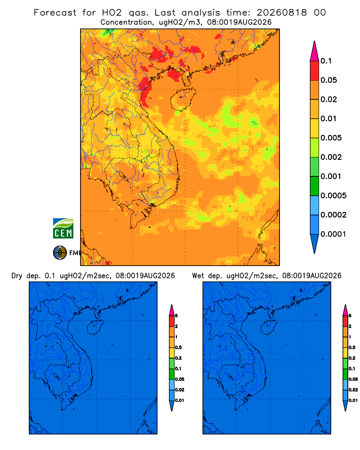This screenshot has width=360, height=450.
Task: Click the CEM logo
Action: (x=63, y=229)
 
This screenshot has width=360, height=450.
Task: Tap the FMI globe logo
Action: (x=60, y=253)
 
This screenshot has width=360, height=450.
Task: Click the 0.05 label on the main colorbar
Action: (x=328, y=80)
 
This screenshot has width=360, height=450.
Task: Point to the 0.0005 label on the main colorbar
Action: (x=333, y=196)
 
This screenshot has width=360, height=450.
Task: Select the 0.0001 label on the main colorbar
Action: (x=333, y=234)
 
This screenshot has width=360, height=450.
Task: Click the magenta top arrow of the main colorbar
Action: (x=315, y=51)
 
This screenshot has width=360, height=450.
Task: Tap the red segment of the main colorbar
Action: (x=315, y=71)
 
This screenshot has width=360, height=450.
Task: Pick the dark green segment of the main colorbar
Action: (x=315, y=186)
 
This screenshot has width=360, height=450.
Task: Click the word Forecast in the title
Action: (x=55, y=13)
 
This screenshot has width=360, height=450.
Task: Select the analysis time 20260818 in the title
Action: (x=282, y=13)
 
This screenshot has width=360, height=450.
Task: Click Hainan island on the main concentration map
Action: (x=183, y=99)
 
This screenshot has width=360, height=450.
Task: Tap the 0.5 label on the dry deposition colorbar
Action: (x=178, y=347)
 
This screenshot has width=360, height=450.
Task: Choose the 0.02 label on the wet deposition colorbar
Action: (x=353, y=390)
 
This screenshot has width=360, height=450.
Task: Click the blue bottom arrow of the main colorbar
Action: (x=315, y=243)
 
